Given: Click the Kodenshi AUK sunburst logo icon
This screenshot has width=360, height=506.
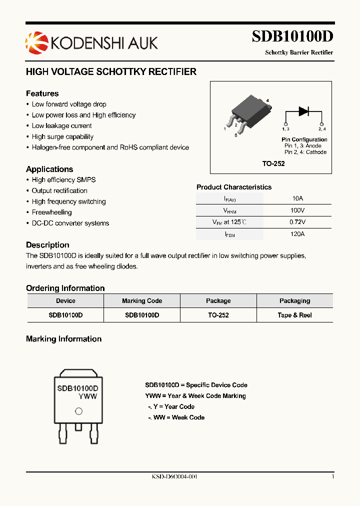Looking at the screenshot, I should [34, 41].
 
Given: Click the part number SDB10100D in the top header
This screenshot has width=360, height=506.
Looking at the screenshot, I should [292, 37].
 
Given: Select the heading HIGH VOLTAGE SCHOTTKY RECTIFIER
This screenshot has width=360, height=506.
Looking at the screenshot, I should [111, 72].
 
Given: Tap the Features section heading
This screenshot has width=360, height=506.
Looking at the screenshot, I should [42, 93].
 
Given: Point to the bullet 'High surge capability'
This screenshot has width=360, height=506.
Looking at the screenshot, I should [62, 136].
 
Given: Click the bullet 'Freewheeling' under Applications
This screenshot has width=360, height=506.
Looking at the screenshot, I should [51, 212].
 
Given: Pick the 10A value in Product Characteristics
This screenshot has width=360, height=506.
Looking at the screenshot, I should [297, 198].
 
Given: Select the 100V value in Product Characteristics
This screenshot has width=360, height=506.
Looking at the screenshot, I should [297, 210].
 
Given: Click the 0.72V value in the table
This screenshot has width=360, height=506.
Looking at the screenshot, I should [297, 222].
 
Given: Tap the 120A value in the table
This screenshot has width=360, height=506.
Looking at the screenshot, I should [297, 234].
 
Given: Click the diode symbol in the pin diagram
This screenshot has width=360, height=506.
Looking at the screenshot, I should [303, 111].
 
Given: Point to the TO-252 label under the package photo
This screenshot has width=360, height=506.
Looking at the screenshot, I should [273, 163].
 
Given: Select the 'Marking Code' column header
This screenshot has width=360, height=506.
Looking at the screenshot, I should [142, 301].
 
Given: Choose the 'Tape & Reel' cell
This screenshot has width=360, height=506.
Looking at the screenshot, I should [294, 315].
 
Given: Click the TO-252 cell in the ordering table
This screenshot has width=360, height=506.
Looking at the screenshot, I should [218, 315].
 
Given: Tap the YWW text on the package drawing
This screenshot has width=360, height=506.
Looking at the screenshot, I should [88, 396].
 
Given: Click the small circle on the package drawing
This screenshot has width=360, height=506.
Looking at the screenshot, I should [78, 411].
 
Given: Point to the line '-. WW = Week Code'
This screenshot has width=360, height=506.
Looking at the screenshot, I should [176, 417].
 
